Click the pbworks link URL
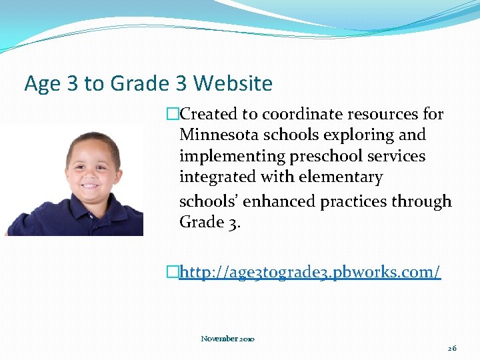pos(310,273)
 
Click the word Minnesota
pos(219,135)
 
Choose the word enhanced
pos(281,201)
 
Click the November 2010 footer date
pos(227,339)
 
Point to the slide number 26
pos(452,348)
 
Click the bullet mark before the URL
pos(173,273)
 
